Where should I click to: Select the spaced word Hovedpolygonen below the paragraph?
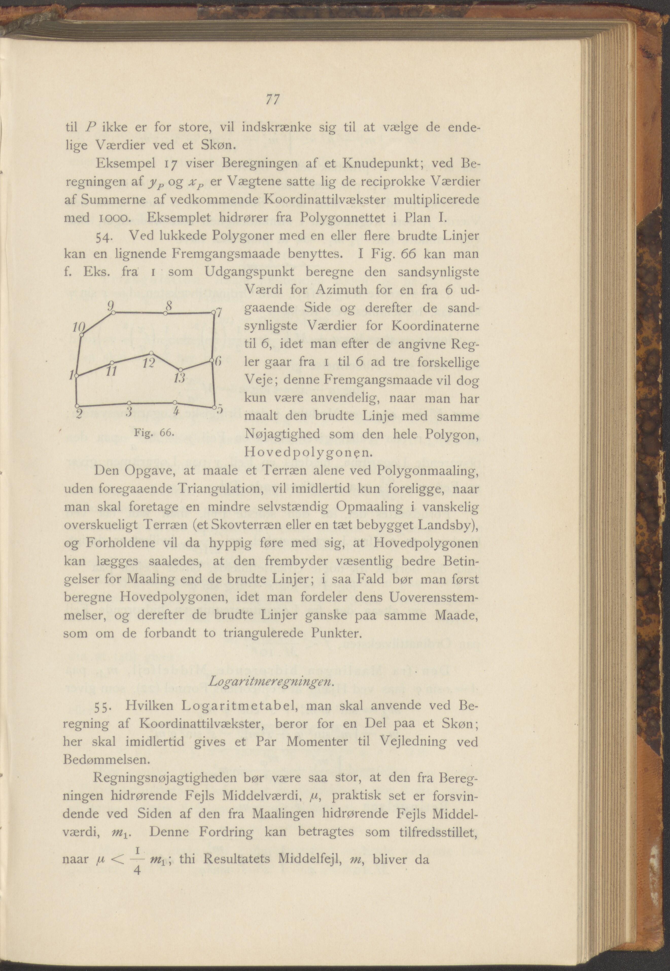coord(307,453)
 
